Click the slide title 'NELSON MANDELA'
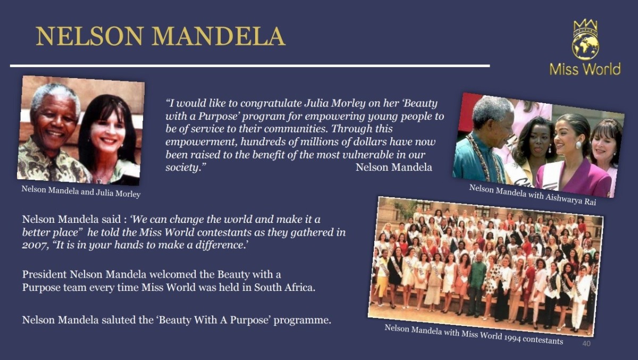click(x=160, y=36)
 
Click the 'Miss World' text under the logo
click(x=585, y=69)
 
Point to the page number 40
click(x=586, y=344)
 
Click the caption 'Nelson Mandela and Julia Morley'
click(x=81, y=191)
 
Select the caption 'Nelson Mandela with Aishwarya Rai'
click(x=532, y=195)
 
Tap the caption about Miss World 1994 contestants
click(x=473, y=334)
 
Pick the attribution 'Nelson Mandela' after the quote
click(x=393, y=168)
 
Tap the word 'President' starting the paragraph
click(x=44, y=275)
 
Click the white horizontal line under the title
click(x=249, y=66)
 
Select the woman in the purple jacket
click(x=574, y=160)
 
